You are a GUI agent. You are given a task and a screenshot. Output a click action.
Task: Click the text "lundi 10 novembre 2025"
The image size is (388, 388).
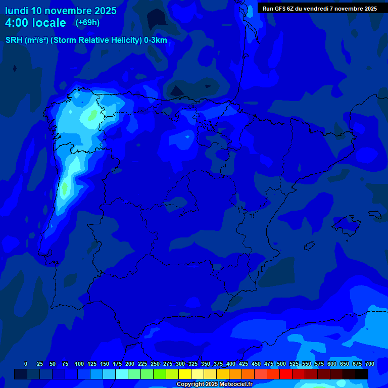click(x=61, y=11)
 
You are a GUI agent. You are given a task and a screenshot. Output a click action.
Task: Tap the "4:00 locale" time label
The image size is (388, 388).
click(x=35, y=23)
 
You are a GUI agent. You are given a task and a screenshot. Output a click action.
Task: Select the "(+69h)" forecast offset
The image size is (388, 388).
click(x=88, y=23)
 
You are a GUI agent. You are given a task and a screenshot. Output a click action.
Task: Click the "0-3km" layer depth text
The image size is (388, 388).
click(x=155, y=40)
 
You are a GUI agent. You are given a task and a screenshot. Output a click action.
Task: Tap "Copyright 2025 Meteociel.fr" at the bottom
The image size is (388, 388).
click(x=214, y=384)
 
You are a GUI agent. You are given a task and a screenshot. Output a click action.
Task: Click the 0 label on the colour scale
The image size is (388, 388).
click(x=26, y=364)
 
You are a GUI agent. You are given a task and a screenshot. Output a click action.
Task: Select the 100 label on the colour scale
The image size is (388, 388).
click(x=79, y=364)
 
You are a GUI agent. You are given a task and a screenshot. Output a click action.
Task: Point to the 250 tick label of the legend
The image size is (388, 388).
click(x=155, y=364)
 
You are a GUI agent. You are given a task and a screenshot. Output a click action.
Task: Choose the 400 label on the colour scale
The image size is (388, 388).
click(x=231, y=364)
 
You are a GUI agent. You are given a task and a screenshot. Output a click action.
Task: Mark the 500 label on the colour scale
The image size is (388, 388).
click(x=281, y=364)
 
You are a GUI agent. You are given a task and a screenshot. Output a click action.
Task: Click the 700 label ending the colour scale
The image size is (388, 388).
click(x=370, y=364)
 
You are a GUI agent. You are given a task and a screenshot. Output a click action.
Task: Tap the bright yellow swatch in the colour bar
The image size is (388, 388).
click(x=185, y=374)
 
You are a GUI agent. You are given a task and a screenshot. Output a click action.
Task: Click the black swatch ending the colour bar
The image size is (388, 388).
click(x=362, y=374)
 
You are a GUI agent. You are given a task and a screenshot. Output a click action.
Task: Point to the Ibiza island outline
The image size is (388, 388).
click(x=309, y=245)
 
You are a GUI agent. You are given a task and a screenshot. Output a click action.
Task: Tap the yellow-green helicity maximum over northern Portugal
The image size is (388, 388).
click(x=65, y=189)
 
